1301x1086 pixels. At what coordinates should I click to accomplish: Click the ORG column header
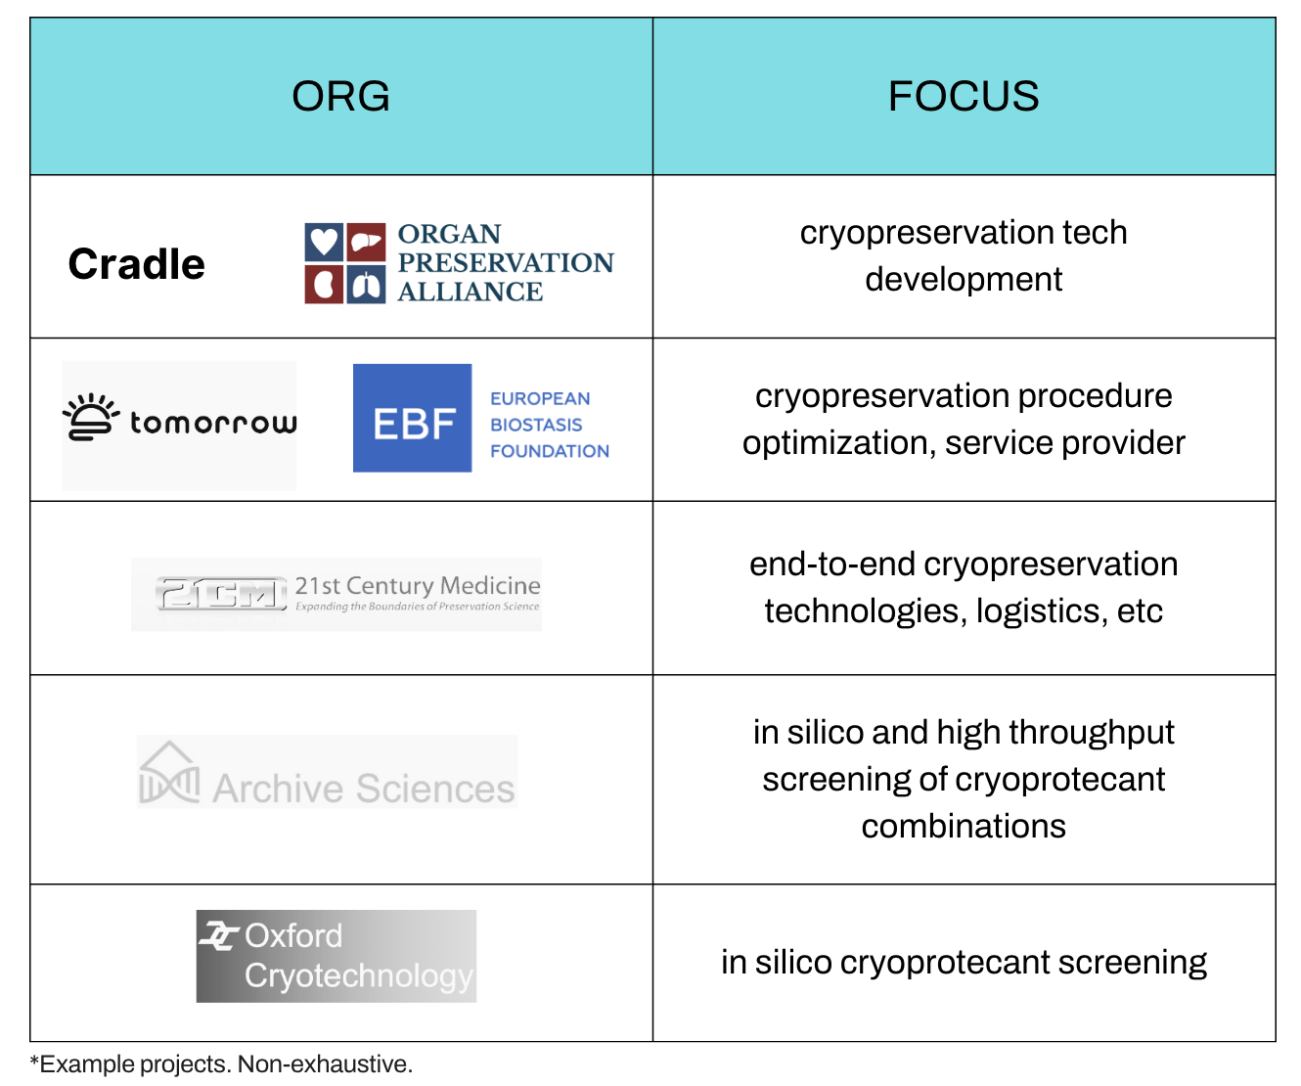[340, 96]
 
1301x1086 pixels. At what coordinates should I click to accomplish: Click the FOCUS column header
[964, 96]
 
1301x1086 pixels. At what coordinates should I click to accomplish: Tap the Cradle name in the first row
[137, 264]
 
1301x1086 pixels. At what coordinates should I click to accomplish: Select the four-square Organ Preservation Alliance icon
[344, 263]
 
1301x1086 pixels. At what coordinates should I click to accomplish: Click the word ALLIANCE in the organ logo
[470, 292]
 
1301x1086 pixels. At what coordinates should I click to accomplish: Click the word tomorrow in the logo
[213, 423]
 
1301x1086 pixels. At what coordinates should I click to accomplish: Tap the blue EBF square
[413, 419]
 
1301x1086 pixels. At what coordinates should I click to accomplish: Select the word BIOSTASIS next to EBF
[536, 425]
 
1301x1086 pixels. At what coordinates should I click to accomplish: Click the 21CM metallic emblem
[221, 594]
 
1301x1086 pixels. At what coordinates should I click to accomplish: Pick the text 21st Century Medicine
[418, 585]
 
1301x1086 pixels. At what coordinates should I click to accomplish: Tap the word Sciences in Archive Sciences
[435, 789]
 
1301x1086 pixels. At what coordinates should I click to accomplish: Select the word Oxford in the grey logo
[293, 936]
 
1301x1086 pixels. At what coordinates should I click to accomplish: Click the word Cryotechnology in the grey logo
[359, 975]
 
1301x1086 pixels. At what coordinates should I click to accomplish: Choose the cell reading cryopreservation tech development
[964, 255]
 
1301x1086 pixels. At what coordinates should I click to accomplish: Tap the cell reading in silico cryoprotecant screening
[964, 963]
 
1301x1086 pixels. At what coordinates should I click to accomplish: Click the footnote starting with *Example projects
[221, 1064]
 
